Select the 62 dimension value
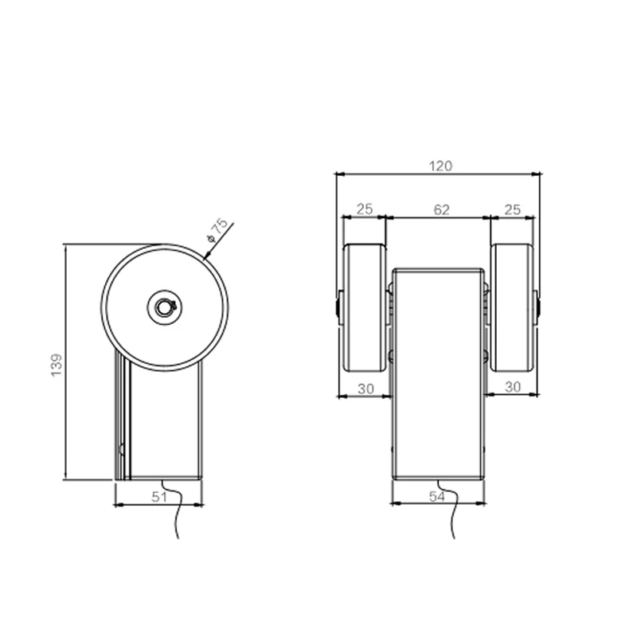pyautogui.click(x=442, y=209)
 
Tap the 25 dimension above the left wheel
pyautogui.click(x=364, y=209)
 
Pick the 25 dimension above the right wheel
pyautogui.click(x=513, y=209)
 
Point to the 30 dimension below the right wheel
pyautogui.click(x=513, y=386)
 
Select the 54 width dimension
pyautogui.click(x=437, y=497)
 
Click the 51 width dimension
pyautogui.click(x=159, y=497)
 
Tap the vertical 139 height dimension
pyautogui.click(x=56, y=364)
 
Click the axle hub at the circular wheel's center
pyautogui.click(x=164, y=307)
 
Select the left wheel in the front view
pyautogui.click(x=365, y=307)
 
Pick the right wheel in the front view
pyautogui.click(x=513, y=307)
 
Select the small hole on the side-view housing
pyautogui.click(x=122, y=449)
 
